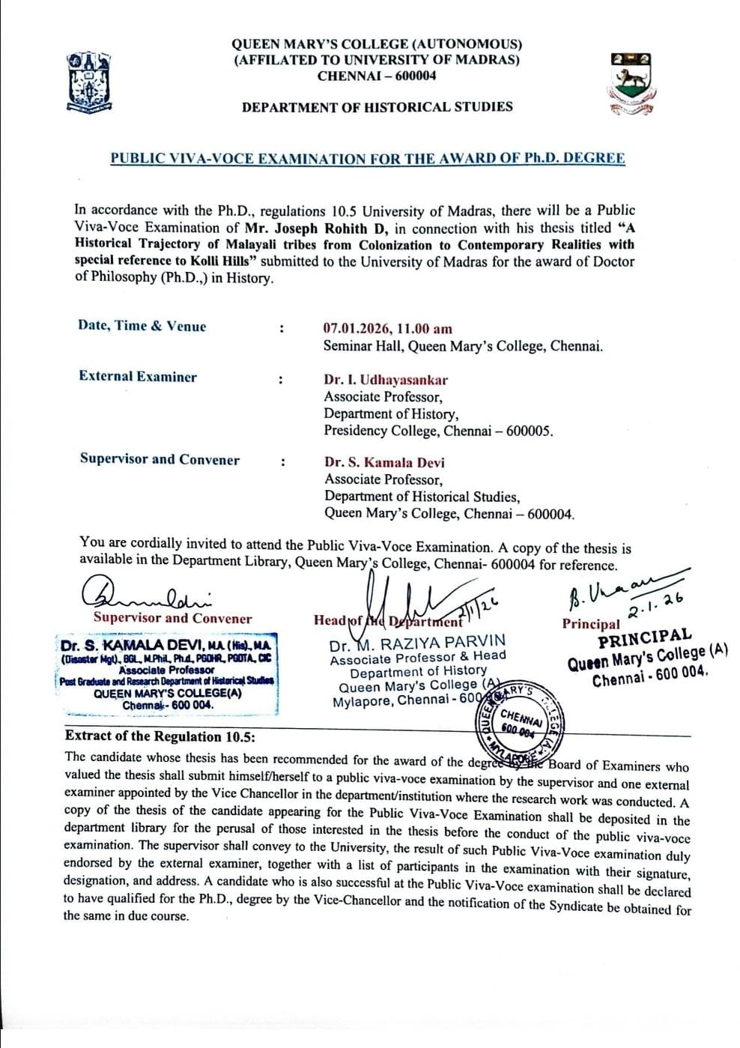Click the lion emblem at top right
point(629,83)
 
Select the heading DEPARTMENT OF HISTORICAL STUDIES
point(377,107)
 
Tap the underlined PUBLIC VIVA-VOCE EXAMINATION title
point(367,158)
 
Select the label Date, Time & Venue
point(142,326)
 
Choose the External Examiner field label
point(138,377)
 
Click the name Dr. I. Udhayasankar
point(386,380)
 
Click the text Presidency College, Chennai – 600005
point(438,431)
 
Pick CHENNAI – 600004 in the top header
point(377,76)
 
